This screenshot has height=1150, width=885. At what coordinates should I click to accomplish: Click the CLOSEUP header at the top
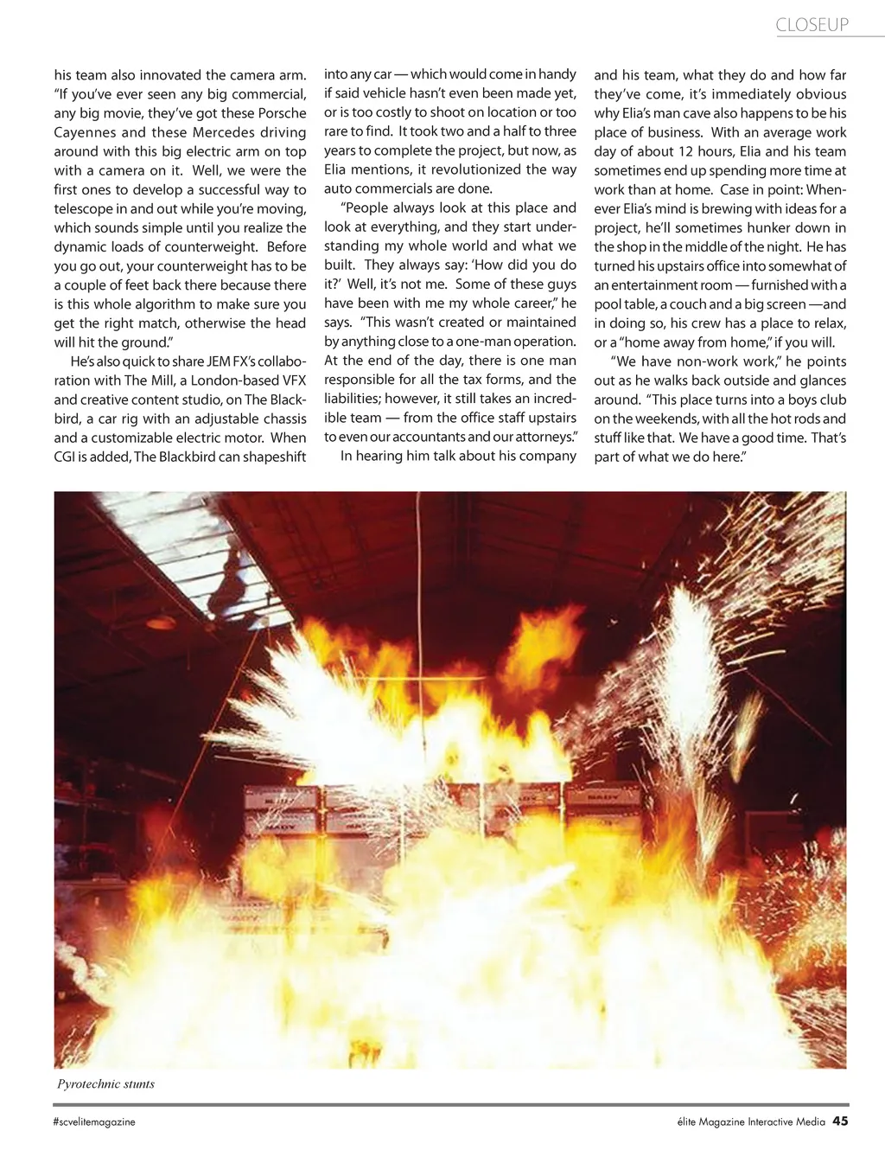pyautogui.click(x=812, y=25)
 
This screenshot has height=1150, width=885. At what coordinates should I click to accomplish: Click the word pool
pyautogui.click(x=608, y=303)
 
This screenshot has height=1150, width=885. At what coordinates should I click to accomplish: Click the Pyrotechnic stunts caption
pyautogui.click(x=105, y=1083)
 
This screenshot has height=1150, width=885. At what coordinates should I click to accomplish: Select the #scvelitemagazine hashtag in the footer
pyautogui.click(x=93, y=1122)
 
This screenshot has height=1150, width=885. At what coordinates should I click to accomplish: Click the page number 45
pyautogui.click(x=840, y=1122)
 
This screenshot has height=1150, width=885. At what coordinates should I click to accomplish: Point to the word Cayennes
pyautogui.click(x=83, y=132)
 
